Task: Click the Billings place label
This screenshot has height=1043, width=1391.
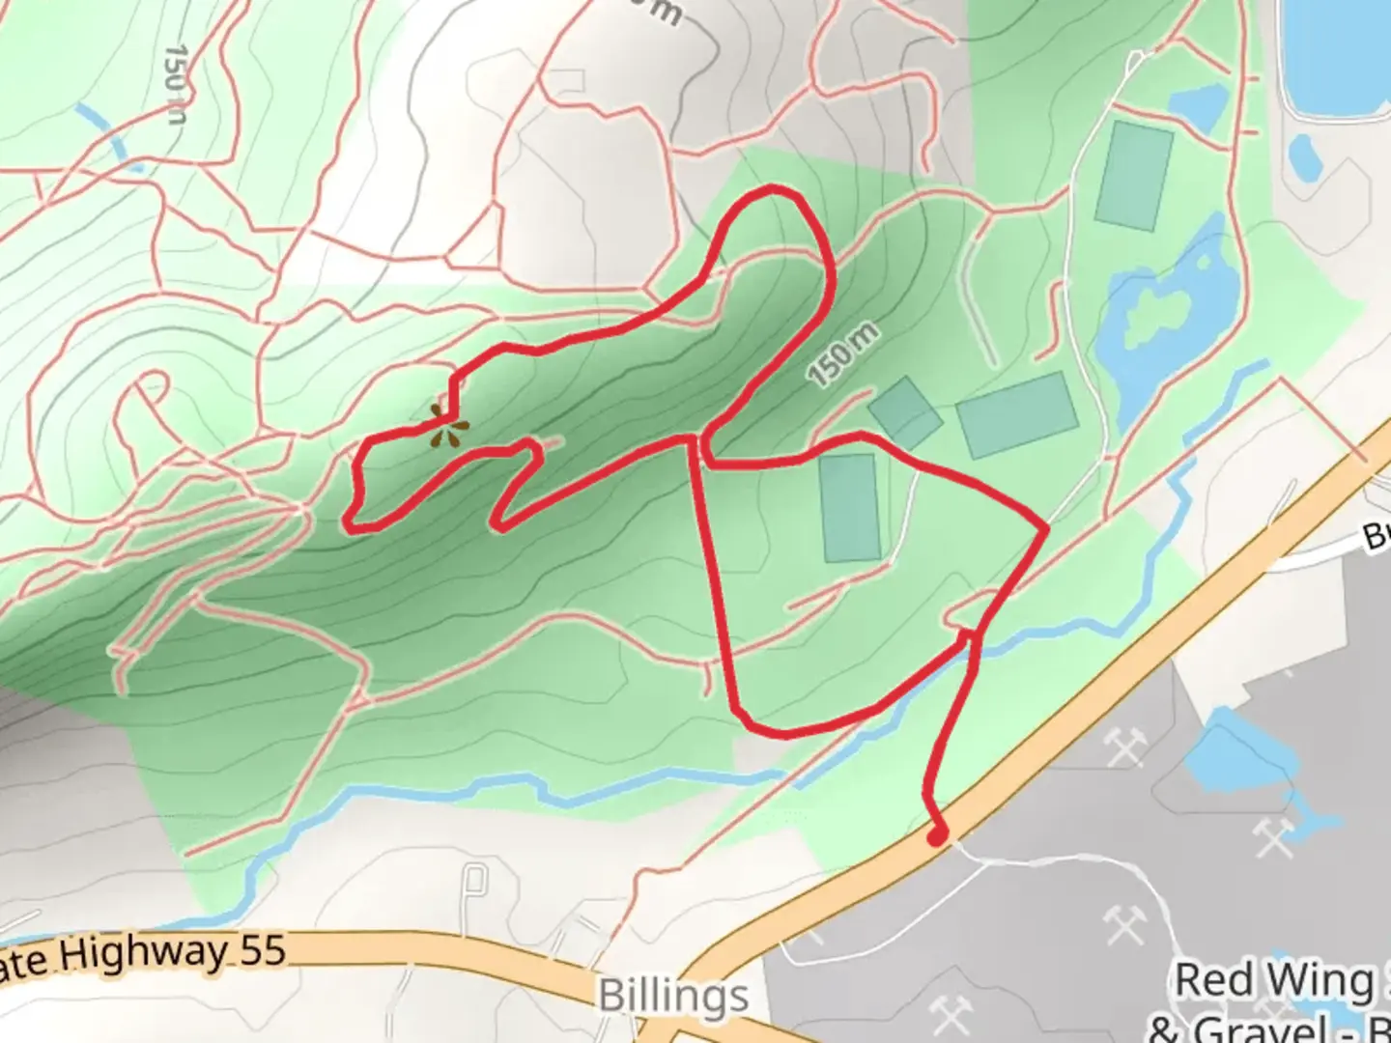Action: tap(673, 995)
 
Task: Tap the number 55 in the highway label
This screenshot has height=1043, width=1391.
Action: tap(263, 951)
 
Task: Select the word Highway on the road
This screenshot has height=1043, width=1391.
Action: tap(145, 955)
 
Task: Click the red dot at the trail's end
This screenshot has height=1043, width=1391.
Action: tap(936, 836)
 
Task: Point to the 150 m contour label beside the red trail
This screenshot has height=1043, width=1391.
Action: tap(843, 355)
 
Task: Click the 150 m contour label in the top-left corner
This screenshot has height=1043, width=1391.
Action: tap(175, 83)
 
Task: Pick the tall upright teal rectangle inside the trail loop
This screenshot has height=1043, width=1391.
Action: tap(851, 508)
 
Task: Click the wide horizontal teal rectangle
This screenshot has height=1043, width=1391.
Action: tap(1017, 414)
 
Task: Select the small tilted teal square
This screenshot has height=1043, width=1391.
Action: tap(904, 412)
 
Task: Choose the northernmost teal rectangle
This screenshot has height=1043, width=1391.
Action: tap(1134, 176)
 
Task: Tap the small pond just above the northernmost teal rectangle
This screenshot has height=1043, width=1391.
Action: tap(1198, 106)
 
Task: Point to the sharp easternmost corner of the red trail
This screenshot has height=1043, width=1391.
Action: tap(1045, 528)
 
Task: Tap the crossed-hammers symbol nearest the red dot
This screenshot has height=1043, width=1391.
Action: tap(1124, 747)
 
